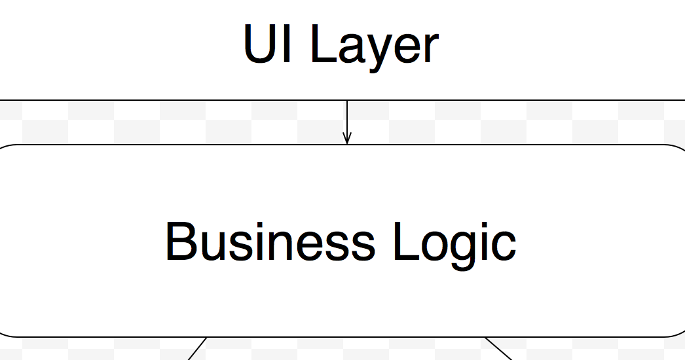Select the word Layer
(x=373, y=46)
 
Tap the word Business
(x=270, y=242)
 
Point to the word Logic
(x=454, y=243)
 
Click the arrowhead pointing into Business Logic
(x=347, y=138)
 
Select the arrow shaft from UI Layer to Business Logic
(x=347, y=118)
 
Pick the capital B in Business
(x=179, y=242)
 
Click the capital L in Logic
(x=403, y=242)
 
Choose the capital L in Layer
(x=321, y=45)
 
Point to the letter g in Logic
(x=466, y=249)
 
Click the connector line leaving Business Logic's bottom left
(x=197, y=348)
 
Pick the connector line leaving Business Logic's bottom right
(x=498, y=348)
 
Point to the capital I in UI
(x=287, y=45)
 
